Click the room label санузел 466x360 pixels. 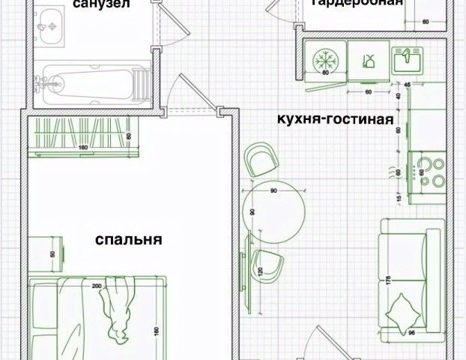coord(100,4)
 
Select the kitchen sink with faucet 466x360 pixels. coord(409,58)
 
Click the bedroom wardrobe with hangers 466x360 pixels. coord(82,136)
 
